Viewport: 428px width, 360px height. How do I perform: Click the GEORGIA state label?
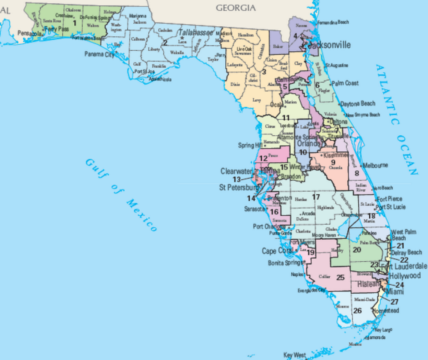(236, 7)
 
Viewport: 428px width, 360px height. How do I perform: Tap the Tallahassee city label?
(196, 33)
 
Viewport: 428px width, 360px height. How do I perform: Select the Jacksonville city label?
(329, 45)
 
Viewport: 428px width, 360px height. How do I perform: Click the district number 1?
(74, 23)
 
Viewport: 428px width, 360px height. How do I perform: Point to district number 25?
(340, 277)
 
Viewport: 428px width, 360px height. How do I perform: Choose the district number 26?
(357, 310)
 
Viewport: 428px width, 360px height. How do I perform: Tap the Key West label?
(295, 355)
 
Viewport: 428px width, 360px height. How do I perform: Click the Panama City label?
(99, 55)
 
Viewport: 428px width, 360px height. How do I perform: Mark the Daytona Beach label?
(357, 103)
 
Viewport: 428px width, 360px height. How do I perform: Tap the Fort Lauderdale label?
(404, 266)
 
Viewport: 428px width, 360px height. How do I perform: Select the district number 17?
(316, 197)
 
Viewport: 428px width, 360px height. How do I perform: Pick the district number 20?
(357, 250)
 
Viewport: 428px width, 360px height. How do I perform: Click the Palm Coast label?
(345, 83)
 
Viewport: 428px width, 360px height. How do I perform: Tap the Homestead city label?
(386, 310)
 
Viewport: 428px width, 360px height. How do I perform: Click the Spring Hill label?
(249, 145)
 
